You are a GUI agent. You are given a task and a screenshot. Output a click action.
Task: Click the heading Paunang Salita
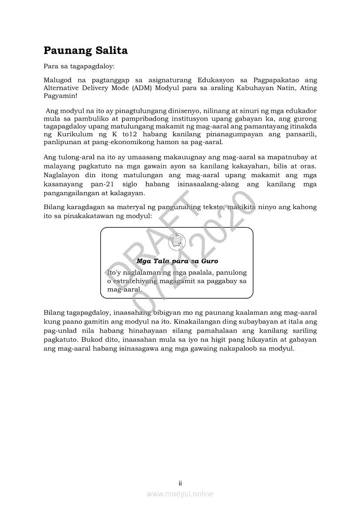85,51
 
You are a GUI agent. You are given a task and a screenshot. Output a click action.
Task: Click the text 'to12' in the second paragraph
130,135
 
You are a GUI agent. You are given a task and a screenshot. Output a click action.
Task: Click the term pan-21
103,185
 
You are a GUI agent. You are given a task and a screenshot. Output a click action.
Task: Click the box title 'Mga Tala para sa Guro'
177,261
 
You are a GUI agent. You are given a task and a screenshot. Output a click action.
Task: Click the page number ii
180,483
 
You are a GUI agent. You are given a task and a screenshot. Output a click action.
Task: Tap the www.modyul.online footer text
180,494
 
